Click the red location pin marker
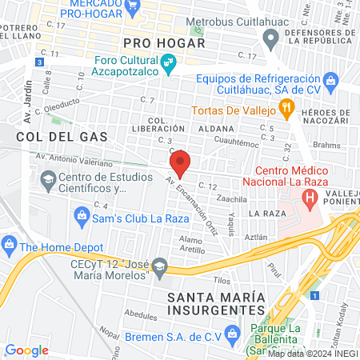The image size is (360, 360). (179, 162)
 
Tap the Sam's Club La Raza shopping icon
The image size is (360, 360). (81, 214)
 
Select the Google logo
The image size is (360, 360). (27, 350)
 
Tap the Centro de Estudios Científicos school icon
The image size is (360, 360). (50, 182)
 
